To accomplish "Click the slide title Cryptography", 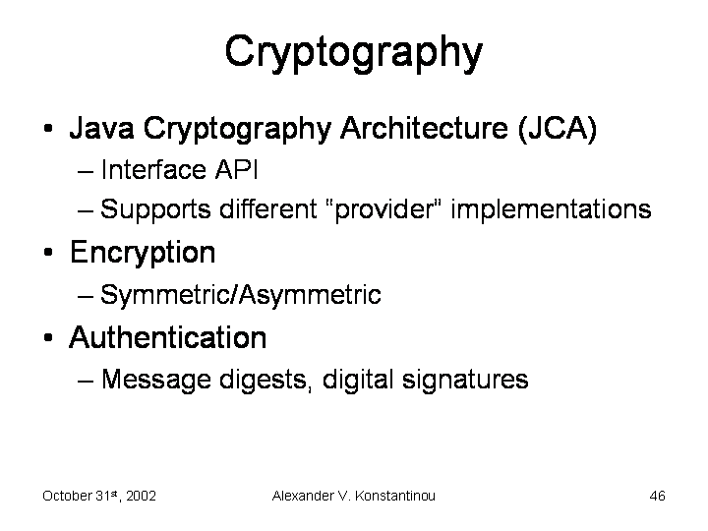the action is [x=354, y=53].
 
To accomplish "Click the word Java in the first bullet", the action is [x=101, y=128].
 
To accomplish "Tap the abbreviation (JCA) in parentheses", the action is [x=558, y=129].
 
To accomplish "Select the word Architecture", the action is [x=424, y=128].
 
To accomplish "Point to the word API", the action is [x=236, y=170].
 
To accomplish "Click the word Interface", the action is [x=153, y=170].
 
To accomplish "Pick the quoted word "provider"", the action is [x=383, y=209].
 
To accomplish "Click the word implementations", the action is [x=551, y=209].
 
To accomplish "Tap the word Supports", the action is [x=155, y=210].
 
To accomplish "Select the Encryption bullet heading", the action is [x=143, y=254].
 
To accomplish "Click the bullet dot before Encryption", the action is [x=48, y=252].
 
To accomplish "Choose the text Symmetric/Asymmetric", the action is [x=241, y=295].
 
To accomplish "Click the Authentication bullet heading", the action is [x=167, y=337].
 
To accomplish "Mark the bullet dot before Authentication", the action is [x=48, y=337].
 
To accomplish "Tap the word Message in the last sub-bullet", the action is [x=155, y=380].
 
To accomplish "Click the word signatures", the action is [x=464, y=380].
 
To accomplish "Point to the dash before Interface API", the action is [x=86, y=171].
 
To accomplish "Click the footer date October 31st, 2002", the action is [x=99, y=496].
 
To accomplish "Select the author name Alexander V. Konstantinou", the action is [x=354, y=496].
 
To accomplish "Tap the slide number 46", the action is [x=658, y=496].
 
